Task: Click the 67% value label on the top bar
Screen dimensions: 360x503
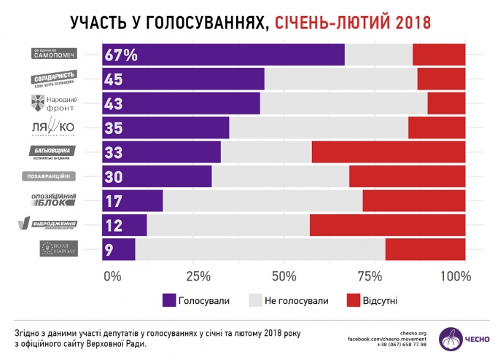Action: tap(122, 55)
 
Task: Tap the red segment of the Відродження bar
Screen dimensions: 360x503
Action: tap(387, 225)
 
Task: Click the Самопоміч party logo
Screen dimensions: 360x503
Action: tap(55, 54)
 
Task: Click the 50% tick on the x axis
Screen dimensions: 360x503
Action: tap(284, 276)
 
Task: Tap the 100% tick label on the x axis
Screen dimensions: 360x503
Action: tap(456, 276)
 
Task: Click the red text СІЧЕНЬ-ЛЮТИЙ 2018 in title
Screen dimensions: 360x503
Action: tap(353, 23)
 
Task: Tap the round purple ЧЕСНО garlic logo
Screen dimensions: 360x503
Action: tap(451, 338)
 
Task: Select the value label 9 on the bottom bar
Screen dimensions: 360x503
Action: tap(108, 250)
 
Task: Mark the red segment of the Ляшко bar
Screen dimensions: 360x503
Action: tap(437, 128)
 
